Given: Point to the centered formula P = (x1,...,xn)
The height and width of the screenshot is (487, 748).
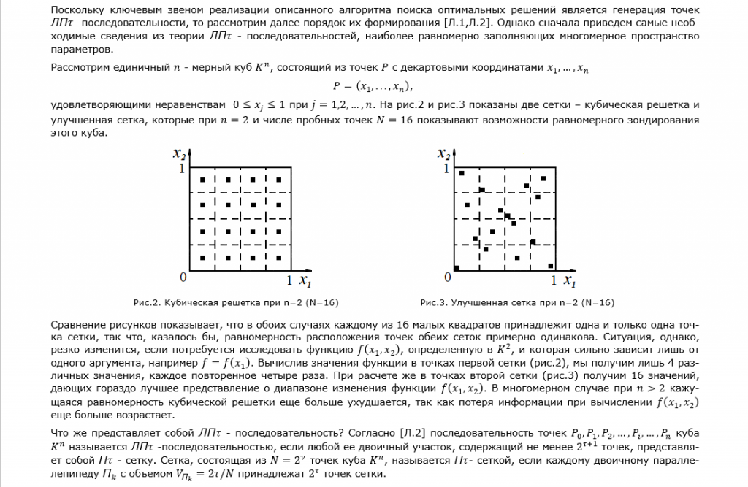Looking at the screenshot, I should click(373, 86).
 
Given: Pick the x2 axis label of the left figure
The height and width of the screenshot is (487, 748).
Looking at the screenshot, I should click(179, 154).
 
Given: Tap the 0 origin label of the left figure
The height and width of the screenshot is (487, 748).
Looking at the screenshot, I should click(183, 277).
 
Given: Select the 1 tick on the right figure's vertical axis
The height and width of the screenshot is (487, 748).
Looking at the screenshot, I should click(446, 169).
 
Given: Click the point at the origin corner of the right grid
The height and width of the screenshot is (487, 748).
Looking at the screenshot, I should click(457, 267).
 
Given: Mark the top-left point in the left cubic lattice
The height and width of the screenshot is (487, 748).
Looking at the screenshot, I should click(202, 180).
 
